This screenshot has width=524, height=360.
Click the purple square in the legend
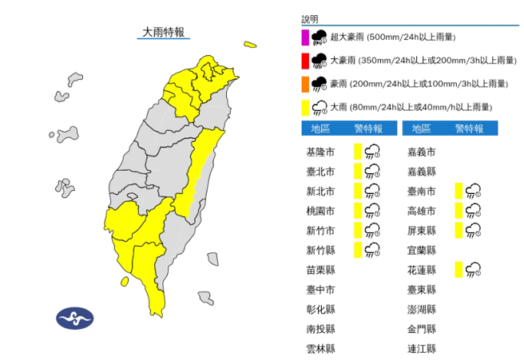coord(304,36)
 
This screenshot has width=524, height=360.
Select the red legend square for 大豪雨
coord(304,60)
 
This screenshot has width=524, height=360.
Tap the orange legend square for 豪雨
coord(304,83)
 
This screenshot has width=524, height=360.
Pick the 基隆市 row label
coord(320,151)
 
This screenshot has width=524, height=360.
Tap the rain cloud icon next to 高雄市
coord(473,210)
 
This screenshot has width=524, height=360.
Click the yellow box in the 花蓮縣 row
coord(458,269)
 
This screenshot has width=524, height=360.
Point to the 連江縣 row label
coord(421,349)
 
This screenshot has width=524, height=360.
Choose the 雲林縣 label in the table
coord(320,349)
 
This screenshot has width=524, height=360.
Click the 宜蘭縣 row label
coord(421,250)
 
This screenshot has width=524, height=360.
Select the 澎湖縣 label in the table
coord(421,309)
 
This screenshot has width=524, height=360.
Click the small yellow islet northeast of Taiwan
coord(251,45)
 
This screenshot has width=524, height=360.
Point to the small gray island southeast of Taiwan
coord(207,299)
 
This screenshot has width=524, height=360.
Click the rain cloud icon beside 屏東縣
coord(473,230)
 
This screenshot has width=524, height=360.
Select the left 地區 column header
coord(320,128)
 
